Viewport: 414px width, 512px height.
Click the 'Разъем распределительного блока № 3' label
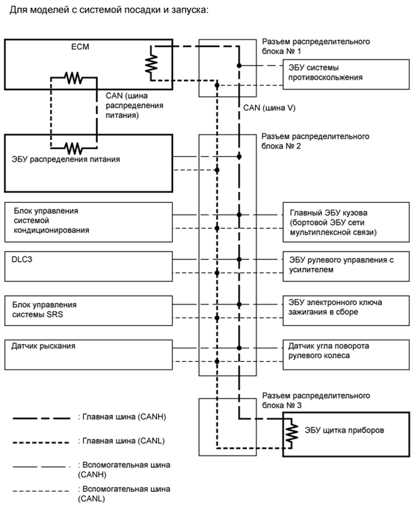pyautogui.click(x=316, y=401)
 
